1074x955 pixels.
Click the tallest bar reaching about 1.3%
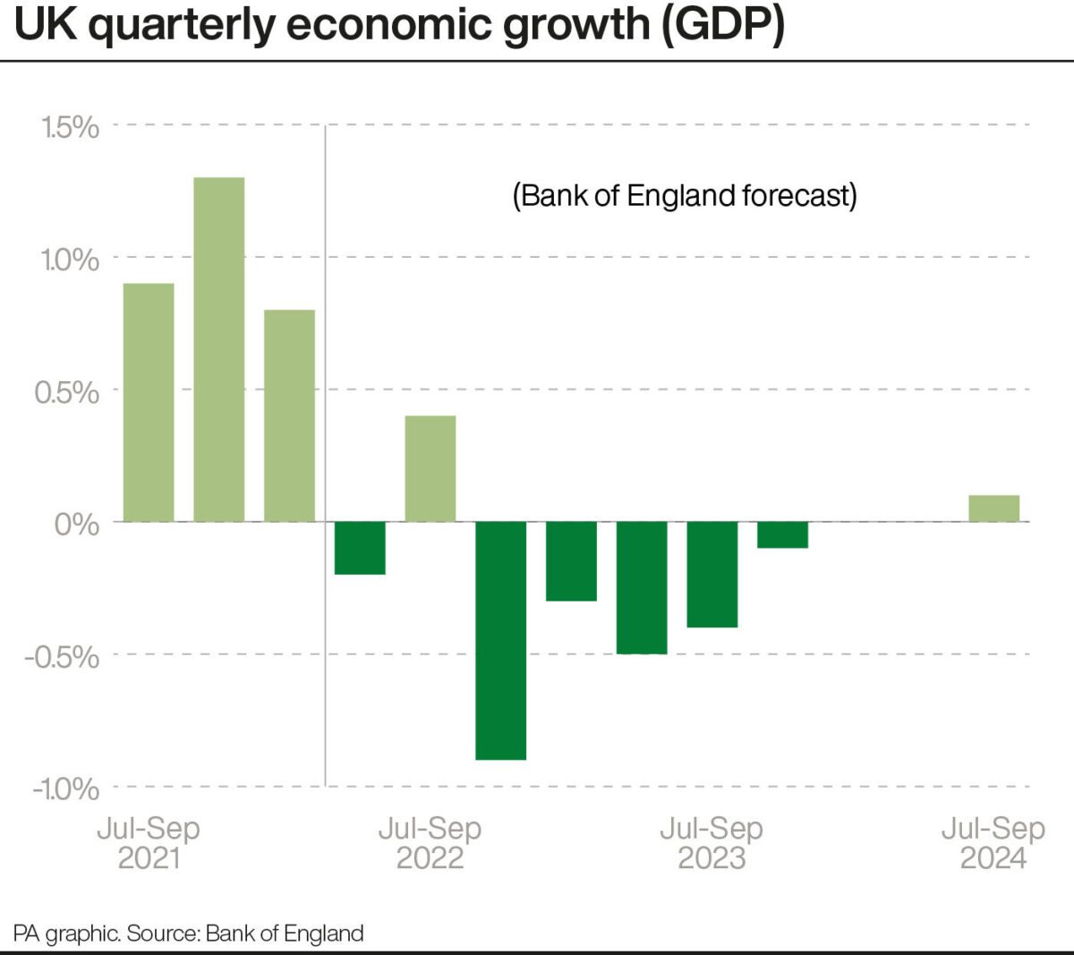(218, 349)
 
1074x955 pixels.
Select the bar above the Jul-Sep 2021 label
(149, 402)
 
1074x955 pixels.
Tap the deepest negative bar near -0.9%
(500, 640)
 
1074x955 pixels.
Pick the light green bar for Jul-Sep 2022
(430, 468)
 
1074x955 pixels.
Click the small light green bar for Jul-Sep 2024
(993, 508)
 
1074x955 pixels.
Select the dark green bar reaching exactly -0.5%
(642, 587)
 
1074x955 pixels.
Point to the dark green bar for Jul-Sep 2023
(712, 574)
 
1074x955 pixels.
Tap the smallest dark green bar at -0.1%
(782, 534)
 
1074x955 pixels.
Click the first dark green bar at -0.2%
(360, 548)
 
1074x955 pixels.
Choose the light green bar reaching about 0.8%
(289, 415)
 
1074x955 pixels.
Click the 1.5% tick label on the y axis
(70, 127)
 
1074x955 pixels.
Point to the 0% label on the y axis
(76, 524)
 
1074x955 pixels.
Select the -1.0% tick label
(65, 789)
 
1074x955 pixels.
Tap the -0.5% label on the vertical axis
(62, 656)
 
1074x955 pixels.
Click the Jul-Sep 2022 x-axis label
(430, 843)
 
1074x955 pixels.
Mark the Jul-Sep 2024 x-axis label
(993, 843)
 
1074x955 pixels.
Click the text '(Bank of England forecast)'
(684, 195)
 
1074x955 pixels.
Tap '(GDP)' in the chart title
(723, 25)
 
